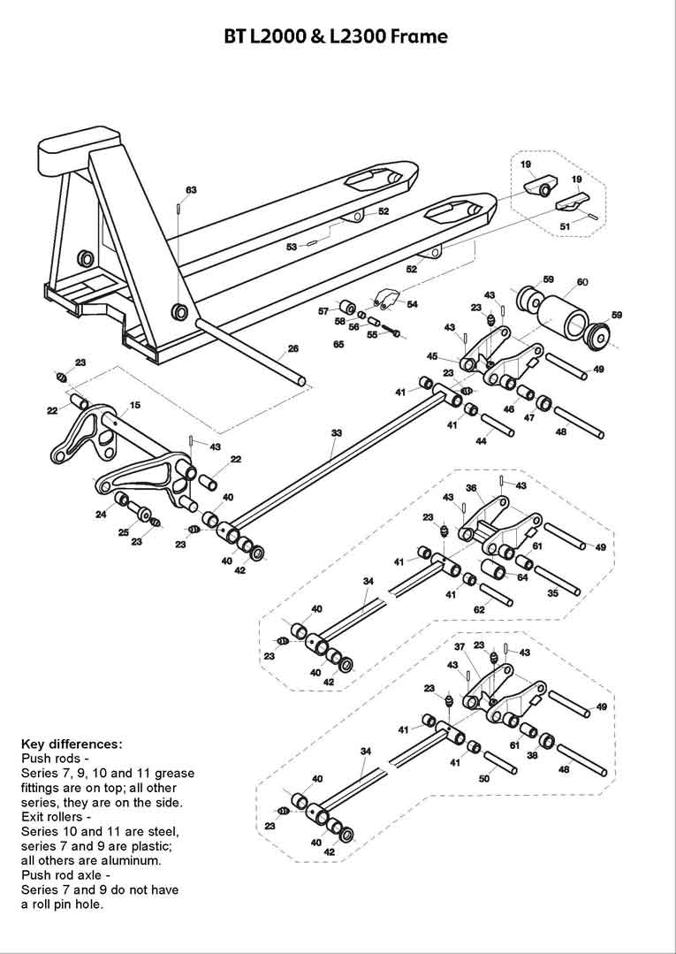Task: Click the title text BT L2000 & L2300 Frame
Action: pos(337,36)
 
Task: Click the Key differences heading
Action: pos(72,744)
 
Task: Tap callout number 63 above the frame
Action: pos(191,190)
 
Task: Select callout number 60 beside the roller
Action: pos(582,282)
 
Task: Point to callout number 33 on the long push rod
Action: pos(336,433)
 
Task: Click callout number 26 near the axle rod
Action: pos(293,348)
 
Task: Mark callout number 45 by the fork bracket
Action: pos(432,356)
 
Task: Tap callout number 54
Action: pos(412,304)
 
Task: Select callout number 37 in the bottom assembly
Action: pos(460,646)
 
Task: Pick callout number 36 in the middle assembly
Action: pos(471,487)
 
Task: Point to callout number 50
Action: pos(484,779)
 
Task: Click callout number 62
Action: pos(479,610)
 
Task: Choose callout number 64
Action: pos(522,577)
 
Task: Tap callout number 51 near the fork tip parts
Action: pos(566,227)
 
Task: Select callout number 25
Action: pos(124,532)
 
